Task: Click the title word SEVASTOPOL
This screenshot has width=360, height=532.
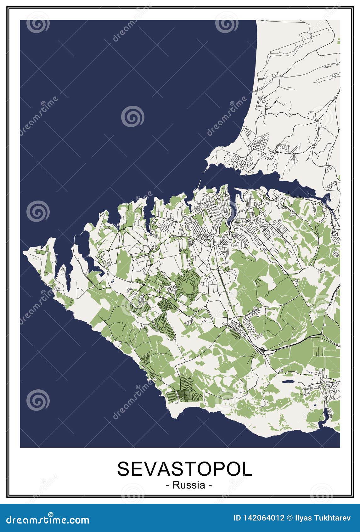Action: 185,469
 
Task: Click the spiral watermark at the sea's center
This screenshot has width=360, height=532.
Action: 132,116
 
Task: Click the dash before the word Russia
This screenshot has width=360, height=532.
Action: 167,485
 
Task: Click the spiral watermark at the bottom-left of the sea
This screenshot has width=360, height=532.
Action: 38,400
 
